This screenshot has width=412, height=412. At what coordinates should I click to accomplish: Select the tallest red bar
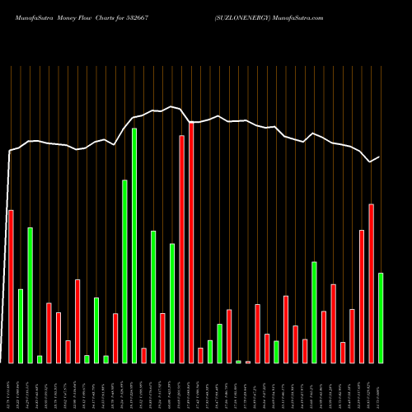[x=191, y=242]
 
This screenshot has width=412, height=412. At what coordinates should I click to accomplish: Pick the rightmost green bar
[x=381, y=317]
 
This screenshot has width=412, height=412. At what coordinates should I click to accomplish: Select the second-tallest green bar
[x=124, y=271]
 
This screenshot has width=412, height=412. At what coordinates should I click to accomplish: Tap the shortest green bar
[x=239, y=362]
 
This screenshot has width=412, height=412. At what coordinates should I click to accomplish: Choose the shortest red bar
[x=248, y=362]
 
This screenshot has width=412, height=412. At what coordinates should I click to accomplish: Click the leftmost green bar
[x=21, y=325]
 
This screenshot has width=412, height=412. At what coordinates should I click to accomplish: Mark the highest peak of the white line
[x=171, y=106]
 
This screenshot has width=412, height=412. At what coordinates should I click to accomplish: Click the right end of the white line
[x=379, y=157]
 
